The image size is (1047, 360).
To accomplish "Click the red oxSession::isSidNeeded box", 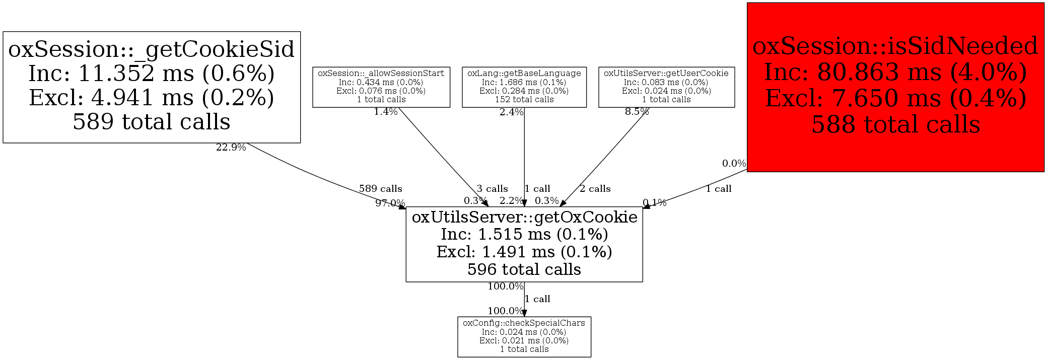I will (x=895, y=87).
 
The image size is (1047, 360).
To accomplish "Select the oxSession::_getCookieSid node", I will (x=152, y=87).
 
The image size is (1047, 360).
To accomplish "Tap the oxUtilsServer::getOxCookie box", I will (x=524, y=244).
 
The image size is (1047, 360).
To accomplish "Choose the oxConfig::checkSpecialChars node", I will (x=524, y=336).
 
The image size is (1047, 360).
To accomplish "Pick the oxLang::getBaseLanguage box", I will (x=524, y=87).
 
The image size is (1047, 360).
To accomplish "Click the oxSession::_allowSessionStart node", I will (x=381, y=87).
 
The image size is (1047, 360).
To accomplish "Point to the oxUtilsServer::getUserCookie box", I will (x=666, y=87).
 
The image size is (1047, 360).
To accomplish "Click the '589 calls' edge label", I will (x=380, y=189).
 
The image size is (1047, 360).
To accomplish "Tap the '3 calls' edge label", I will (x=492, y=189).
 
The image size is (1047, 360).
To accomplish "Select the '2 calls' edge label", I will (x=595, y=189).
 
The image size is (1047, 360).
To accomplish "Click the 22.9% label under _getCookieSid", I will (x=231, y=148).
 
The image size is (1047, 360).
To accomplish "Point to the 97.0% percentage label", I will (x=390, y=203).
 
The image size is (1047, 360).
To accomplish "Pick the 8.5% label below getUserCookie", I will (x=637, y=112).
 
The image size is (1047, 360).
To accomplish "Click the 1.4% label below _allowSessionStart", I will (x=385, y=112).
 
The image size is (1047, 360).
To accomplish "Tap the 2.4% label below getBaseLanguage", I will (x=511, y=112).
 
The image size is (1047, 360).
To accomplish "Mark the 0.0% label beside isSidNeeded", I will (x=734, y=164).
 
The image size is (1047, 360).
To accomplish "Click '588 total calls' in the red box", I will (x=895, y=124).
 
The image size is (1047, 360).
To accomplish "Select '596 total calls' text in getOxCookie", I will (x=524, y=269).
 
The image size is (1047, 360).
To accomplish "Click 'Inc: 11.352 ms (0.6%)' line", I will (x=152, y=74).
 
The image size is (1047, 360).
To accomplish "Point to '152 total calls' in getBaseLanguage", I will (x=524, y=100).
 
